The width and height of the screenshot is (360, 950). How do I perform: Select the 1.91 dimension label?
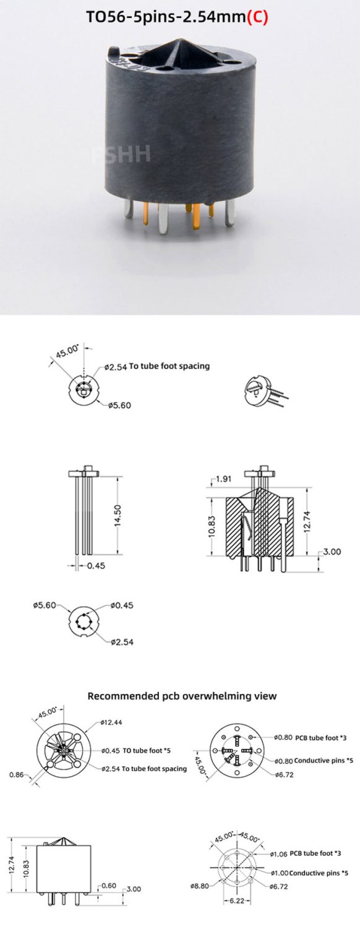223,479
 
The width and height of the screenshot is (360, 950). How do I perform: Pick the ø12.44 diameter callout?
111,722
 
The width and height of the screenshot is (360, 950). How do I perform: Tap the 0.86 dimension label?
17,774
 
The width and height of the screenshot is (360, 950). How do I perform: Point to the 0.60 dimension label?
108,886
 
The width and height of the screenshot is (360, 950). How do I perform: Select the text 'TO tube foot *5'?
147,750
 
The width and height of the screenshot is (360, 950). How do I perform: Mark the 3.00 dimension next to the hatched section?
332,552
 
